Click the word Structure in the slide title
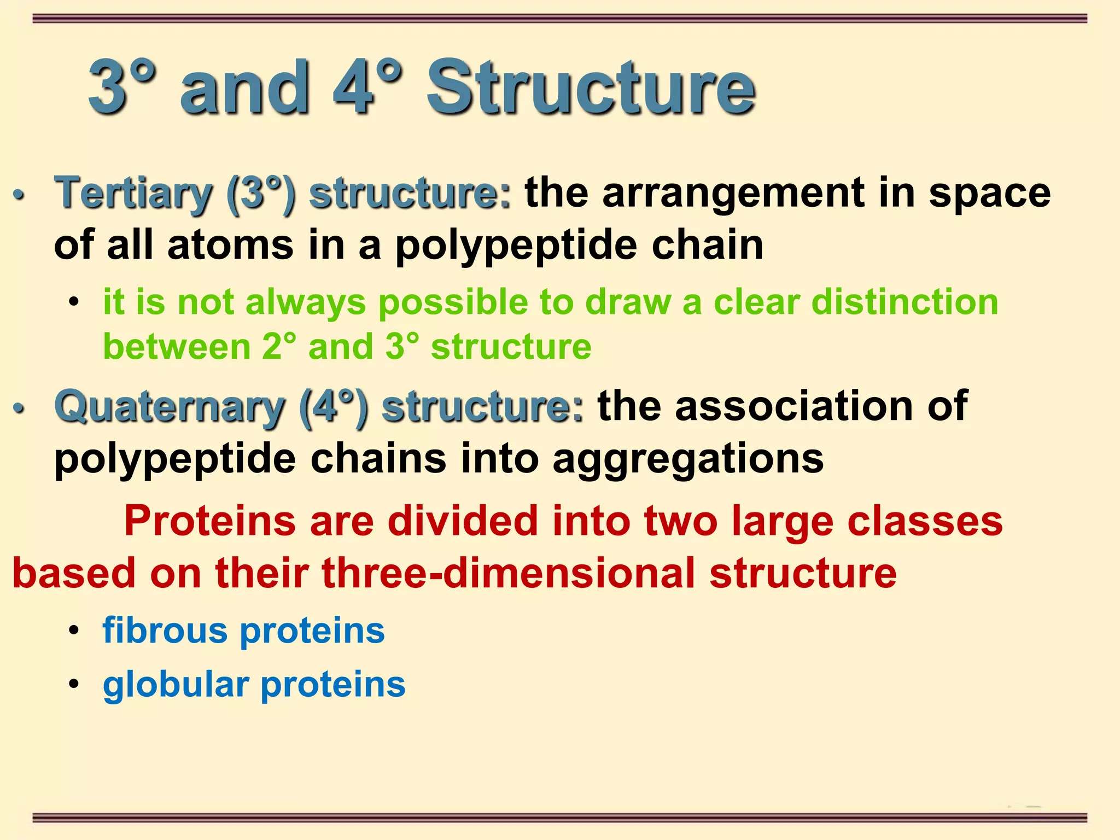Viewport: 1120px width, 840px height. (x=591, y=87)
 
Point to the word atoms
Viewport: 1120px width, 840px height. (x=230, y=245)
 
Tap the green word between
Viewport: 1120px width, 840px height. (x=177, y=347)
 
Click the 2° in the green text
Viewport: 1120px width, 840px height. (x=279, y=347)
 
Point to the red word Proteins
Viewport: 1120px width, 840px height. (x=210, y=521)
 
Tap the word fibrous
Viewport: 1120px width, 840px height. (x=165, y=630)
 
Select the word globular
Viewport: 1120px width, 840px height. (x=175, y=684)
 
